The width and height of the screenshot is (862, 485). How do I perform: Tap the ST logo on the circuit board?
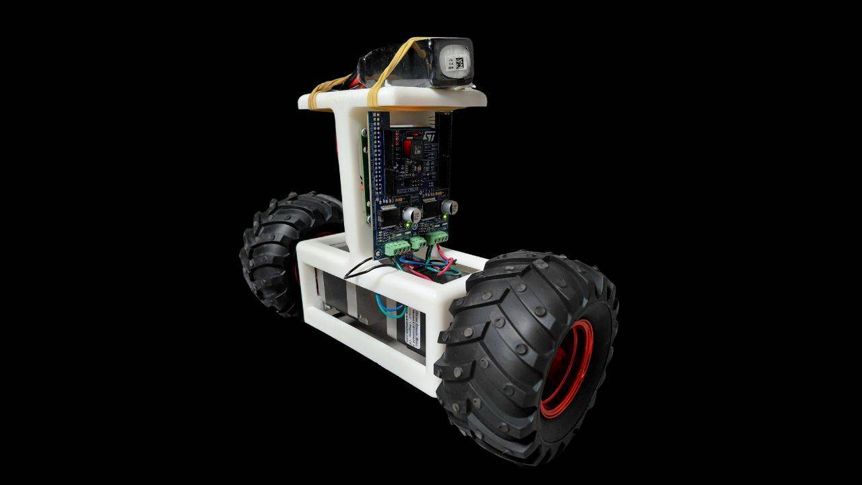(x=428, y=137)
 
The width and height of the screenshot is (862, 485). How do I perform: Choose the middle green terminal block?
(x=416, y=242)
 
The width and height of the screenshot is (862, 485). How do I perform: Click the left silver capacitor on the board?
(x=409, y=215)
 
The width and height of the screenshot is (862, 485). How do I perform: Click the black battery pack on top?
(x=404, y=64)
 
